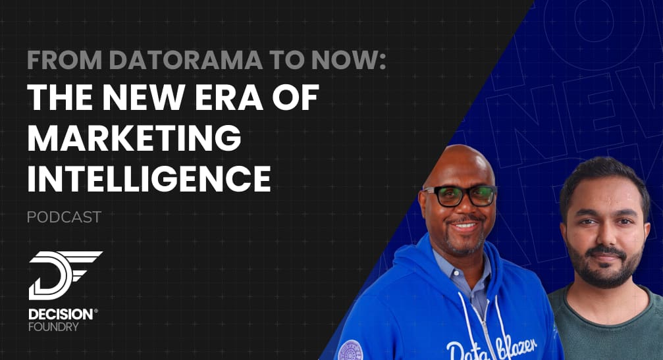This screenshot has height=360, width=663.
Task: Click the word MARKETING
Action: coord(134,138)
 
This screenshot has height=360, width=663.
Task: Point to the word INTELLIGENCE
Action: coord(149,178)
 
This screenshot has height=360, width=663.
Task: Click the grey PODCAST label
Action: coord(64,217)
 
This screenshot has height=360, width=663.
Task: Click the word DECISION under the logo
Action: coord(61,314)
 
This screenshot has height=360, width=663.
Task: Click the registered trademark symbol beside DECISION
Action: coord(96,311)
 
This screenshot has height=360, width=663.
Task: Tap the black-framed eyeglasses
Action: coord(459,195)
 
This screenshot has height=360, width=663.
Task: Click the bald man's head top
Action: coord(460,157)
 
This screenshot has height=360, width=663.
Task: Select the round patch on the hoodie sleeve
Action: coord(350,351)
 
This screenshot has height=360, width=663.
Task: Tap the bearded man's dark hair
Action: coord(604,178)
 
